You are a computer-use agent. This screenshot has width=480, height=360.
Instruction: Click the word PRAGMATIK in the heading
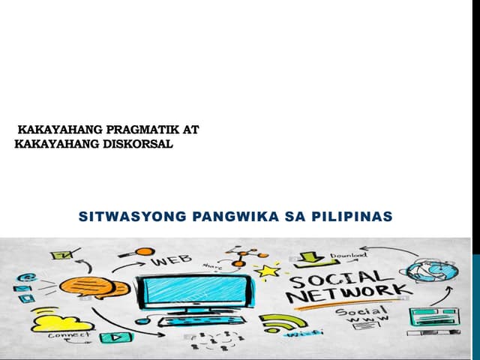pos(139,129)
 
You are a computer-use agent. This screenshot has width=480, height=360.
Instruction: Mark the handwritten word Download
pos(349,254)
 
